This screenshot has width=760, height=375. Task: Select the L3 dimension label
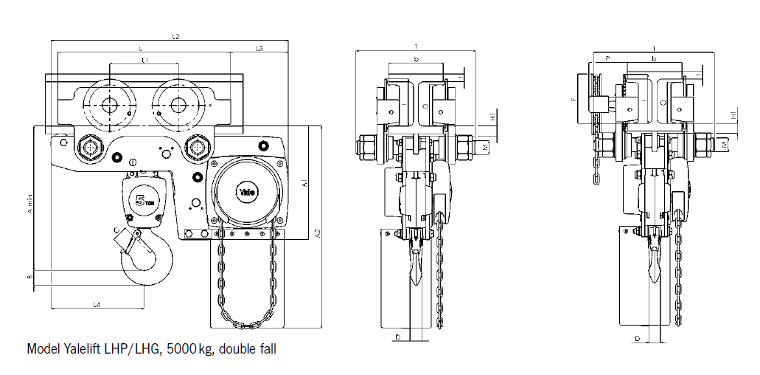(x=259, y=48)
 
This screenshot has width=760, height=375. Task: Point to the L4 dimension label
(x=97, y=303)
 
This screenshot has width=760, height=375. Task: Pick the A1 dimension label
(x=304, y=182)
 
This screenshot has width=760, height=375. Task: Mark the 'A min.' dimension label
(x=30, y=203)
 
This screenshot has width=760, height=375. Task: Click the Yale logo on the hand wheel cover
(x=246, y=193)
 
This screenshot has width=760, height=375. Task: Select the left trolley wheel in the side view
(x=109, y=106)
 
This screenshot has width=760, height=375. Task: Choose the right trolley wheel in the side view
(x=177, y=106)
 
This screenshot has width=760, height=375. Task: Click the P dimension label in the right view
(x=607, y=57)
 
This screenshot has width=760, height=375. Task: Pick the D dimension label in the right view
(x=637, y=338)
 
